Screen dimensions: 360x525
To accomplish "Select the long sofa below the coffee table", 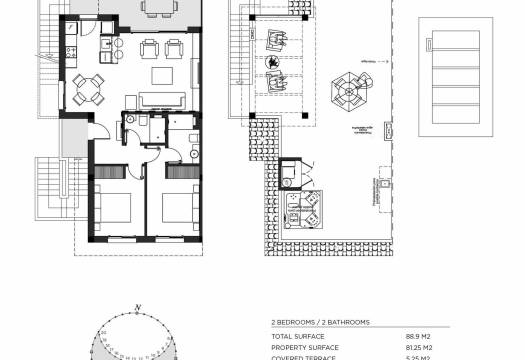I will (x=162, y=99).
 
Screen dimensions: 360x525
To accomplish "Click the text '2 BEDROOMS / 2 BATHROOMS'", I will (x=321, y=322).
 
